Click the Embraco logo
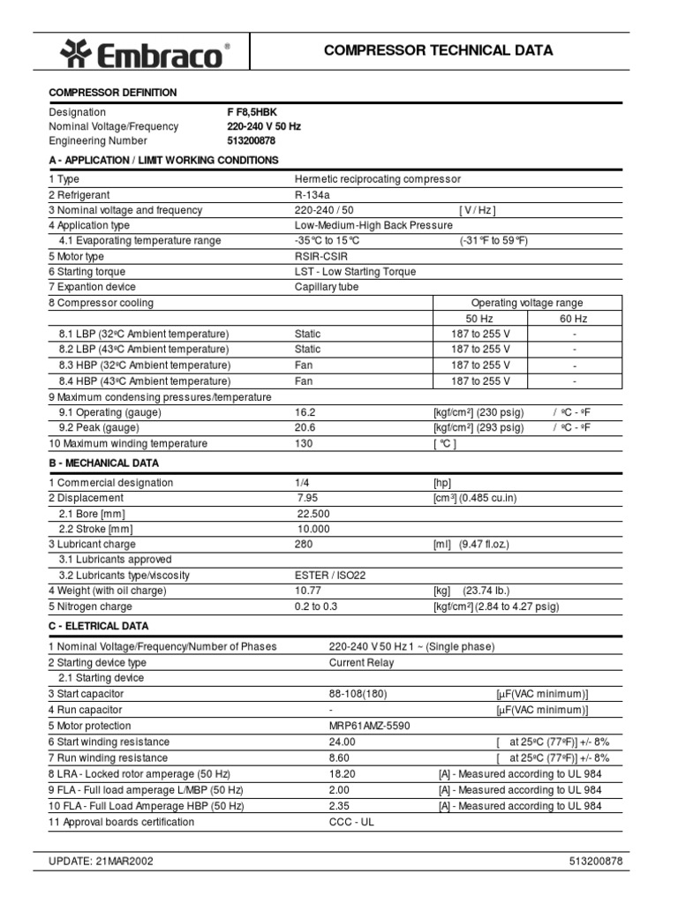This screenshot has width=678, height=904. pyautogui.click(x=147, y=55)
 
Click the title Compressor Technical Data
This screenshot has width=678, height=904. pyautogui.click(x=438, y=50)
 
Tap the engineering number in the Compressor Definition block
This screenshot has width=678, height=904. pyautogui.click(x=252, y=140)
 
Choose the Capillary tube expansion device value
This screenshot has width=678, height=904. pyautogui.click(x=327, y=287)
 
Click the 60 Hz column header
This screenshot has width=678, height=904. pyautogui.click(x=574, y=319)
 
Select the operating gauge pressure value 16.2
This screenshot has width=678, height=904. pyautogui.click(x=305, y=412)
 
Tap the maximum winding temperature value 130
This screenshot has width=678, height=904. pyautogui.click(x=303, y=443)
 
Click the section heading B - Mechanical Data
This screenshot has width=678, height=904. pyautogui.click(x=104, y=463)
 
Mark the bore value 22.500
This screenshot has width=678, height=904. pyautogui.click(x=313, y=514)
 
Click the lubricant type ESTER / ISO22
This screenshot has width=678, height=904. pyautogui.click(x=329, y=576)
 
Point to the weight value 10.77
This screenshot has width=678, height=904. pyautogui.click(x=308, y=591)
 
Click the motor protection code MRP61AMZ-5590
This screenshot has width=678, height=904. pyautogui.click(x=369, y=726)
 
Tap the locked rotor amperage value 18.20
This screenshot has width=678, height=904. pyautogui.click(x=343, y=774)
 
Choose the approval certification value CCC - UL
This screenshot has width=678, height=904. pyautogui.click(x=351, y=822)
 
